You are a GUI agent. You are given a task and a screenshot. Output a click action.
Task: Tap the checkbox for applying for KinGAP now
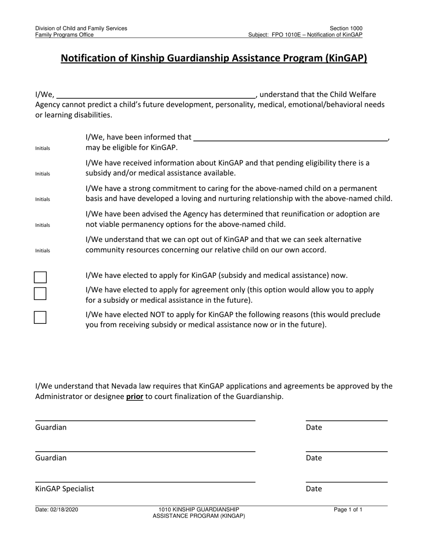(41, 277)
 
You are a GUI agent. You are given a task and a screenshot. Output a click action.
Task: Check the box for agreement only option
(41, 294)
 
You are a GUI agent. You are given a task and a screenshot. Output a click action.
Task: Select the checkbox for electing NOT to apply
(41, 318)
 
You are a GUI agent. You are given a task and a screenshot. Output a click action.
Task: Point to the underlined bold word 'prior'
(135, 397)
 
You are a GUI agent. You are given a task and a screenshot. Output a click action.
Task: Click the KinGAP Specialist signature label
(65, 489)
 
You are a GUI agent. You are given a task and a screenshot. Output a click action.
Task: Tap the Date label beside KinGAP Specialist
(314, 489)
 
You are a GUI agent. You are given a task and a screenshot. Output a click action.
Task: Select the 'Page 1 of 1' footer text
(348, 510)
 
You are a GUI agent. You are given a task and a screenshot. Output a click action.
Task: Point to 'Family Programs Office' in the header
(65, 35)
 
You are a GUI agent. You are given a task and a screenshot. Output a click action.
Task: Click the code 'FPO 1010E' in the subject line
(288, 35)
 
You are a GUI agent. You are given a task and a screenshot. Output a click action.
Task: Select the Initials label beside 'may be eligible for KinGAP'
(43, 148)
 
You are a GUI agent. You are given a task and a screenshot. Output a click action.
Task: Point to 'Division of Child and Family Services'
(81, 28)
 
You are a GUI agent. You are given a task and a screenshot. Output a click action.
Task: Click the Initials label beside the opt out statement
(43, 250)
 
